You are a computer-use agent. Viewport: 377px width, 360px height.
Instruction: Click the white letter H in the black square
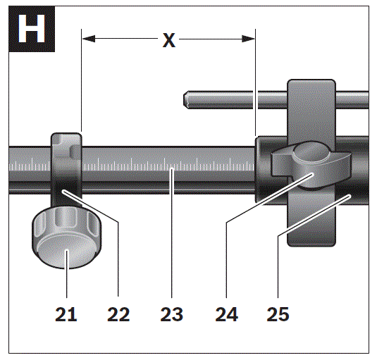pyautogui.click(x=32, y=29)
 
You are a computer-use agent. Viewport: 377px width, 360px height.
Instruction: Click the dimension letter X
pyautogui.click(x=169, y=40)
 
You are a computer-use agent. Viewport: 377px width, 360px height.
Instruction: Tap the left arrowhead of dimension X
pyautogui.click(x=89, y=39)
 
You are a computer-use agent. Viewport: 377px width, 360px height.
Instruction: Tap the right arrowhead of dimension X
pyautogui.click(x=248, y=39)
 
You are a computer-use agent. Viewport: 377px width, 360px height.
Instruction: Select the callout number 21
pyautogui.click(x=66, y=314)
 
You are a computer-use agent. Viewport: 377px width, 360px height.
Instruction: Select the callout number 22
pyautogui.click(x=118, y=314)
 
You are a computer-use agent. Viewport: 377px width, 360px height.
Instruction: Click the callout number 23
pyautogui.click(x=172, y=314)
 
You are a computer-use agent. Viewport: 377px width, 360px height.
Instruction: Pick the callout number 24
pyautogui.click(x=226, y=314)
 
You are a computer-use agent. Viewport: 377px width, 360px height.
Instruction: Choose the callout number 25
pyautogui.click(x=278, y=314)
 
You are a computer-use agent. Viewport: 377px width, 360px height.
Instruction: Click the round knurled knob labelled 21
pyautogui.click(x=67, y=237)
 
